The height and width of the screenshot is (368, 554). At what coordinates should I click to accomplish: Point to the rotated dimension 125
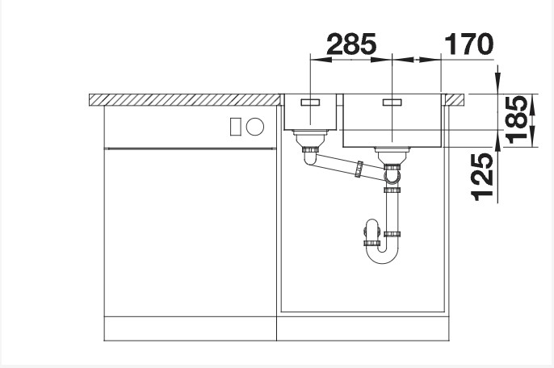[x=481, y=177]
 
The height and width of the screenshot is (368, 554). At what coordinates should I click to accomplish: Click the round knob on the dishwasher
[x=255, y=126]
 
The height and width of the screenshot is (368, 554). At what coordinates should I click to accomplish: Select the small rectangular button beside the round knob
[x=236, y=126]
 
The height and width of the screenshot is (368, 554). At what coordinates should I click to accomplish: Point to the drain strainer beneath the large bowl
[x=392, y=153]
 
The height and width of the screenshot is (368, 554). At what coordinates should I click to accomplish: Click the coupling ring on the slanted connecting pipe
[x=357, y=169]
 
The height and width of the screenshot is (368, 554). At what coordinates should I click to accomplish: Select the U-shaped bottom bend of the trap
[x=384, y=254]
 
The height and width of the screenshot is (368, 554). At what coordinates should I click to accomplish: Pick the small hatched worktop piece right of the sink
[x=456, y=99]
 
